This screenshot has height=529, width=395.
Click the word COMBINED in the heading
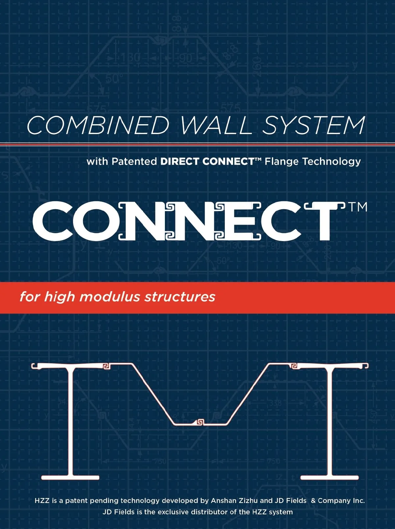98,125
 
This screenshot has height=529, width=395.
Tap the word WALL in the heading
216,125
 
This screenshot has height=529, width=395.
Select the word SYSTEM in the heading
313,125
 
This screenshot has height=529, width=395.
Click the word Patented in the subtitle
134,161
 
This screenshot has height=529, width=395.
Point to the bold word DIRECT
180,161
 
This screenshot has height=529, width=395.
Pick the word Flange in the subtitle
281,162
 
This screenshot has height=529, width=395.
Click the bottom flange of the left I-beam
70,477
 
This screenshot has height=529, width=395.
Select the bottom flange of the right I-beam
329,477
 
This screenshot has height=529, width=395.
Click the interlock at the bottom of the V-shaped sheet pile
200,422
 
